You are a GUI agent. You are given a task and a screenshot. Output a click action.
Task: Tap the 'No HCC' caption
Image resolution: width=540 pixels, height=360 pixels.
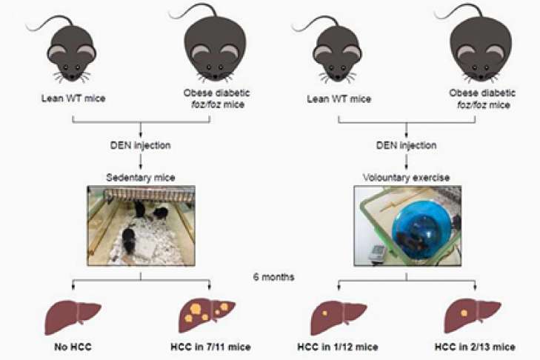[73, 347]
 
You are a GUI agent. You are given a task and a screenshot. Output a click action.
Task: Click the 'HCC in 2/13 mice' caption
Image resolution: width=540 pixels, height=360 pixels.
[474, 347]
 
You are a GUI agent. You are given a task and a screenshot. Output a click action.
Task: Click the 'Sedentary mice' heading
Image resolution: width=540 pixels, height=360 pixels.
[140, 178]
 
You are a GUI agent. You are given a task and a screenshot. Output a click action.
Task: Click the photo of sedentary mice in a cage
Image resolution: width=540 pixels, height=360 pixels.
[140, 226]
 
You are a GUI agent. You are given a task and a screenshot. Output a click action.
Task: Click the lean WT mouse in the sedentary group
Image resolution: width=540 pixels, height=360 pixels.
[73, 50]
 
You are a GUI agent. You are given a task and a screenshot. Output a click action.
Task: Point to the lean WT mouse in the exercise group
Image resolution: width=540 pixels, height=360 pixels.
[338, 50]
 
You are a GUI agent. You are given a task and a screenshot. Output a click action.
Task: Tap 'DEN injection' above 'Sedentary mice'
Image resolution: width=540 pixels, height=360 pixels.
[140, 146]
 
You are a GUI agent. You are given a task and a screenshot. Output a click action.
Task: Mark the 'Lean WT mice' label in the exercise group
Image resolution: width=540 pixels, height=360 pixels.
[339, 99]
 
